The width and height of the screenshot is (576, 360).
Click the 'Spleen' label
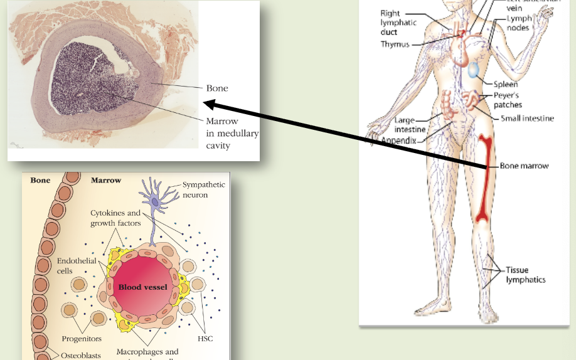(505, 85)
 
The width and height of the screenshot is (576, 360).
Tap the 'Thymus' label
(395, 45)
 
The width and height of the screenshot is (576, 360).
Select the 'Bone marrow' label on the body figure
(524, 166)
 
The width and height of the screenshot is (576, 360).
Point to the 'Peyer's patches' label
(508, 100)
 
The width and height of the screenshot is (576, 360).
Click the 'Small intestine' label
(527, 119)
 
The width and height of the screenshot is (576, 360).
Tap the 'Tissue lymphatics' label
(526, 275)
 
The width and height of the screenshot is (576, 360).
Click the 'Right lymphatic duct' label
(397, 23)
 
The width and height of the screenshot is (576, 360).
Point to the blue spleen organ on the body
(474, 70)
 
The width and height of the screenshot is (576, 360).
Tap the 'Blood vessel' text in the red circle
(143, 287)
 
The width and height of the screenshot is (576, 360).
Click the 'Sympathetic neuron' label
(203, 190)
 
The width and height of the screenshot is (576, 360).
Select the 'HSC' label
(205, 339)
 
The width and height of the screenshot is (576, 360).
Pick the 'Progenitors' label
(82, 339)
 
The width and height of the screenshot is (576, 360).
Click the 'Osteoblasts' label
(80, 356)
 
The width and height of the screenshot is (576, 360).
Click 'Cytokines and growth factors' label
(115, 218)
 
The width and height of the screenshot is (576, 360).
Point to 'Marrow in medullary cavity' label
(232, 133)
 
